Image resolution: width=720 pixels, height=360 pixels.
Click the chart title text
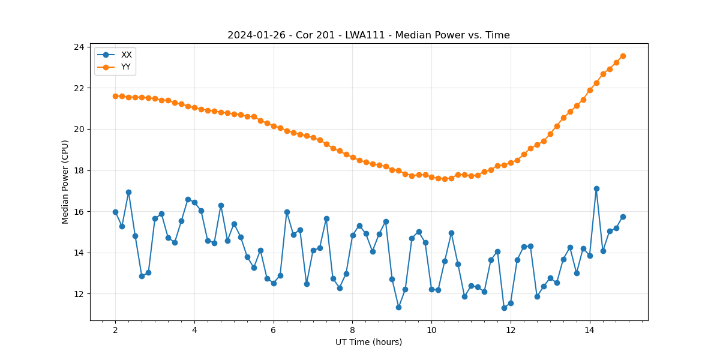tap(368, 35)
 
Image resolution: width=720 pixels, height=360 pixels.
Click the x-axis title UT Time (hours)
tap(368, 342)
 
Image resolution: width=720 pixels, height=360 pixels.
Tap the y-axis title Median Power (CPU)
tap(65, 182)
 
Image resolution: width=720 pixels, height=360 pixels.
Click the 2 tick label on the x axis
tap(115, 330)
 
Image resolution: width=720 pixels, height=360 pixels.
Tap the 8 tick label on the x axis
tap(352, 330)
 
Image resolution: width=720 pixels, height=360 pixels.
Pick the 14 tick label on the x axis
tap(589, 330)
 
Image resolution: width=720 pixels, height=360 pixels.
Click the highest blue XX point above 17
tap(596, 188)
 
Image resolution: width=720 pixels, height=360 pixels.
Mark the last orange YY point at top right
tap(623, 56)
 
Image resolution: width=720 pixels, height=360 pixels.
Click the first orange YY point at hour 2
tap(115, 96)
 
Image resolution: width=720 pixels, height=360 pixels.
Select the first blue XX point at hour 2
tap(115, 212)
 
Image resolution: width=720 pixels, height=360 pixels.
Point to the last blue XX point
tap(623, 217)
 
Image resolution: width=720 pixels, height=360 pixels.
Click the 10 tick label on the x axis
tap(431, 330)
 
